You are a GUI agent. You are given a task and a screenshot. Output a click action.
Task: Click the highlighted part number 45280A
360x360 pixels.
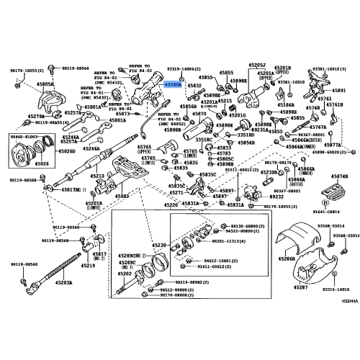[x=172, y=84]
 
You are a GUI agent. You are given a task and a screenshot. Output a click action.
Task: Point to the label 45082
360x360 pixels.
[x=122, y=196]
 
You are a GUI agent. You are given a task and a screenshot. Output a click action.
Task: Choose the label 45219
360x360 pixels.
[x=87, y=266]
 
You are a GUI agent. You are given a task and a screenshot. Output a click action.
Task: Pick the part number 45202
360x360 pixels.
[x=125, y=274]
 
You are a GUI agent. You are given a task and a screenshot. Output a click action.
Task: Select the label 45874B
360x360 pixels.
[x=341, y=176]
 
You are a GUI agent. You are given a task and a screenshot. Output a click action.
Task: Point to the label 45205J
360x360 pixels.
[x=258, y=66]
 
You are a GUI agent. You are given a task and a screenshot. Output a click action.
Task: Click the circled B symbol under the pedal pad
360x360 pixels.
[x=338, y=204]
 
